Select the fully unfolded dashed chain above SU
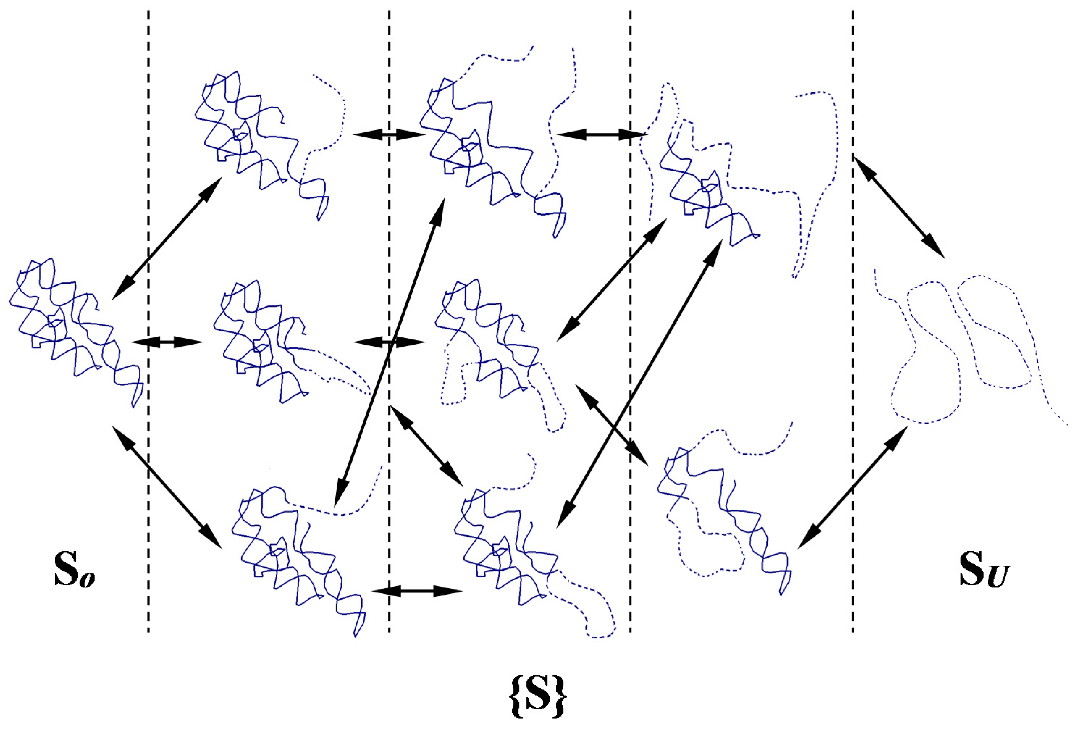(963, 352)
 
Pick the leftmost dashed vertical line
(148, 463)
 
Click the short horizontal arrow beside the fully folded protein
(167, 342)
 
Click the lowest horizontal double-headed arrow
(417, 591)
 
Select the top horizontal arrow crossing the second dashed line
(389, 134)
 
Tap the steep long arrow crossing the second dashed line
(389, 352)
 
